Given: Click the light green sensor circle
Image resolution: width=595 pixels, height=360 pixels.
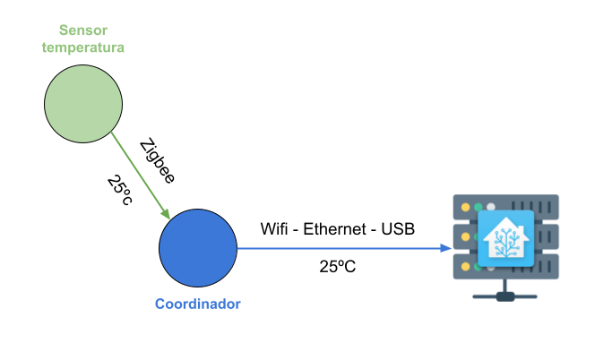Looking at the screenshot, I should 83,104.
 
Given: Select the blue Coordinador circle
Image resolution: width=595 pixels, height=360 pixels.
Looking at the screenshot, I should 198,248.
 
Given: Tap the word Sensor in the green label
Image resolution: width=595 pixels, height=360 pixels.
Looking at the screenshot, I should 83,30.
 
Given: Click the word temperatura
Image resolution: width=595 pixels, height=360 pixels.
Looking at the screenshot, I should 83,47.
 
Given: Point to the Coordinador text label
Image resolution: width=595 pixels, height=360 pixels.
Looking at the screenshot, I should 198,304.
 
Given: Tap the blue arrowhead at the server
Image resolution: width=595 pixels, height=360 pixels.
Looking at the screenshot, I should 446,248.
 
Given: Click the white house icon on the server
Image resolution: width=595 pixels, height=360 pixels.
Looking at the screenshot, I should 506,239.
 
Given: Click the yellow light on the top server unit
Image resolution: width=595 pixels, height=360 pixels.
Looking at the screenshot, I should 465,208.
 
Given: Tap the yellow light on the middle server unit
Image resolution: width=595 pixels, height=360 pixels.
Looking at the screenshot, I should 465,236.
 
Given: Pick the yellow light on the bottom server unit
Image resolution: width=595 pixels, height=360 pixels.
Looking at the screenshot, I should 465,266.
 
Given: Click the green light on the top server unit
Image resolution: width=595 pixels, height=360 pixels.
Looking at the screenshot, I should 478,208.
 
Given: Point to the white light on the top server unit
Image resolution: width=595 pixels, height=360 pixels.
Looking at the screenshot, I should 490,208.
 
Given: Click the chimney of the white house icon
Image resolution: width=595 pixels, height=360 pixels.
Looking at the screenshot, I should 518,225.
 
